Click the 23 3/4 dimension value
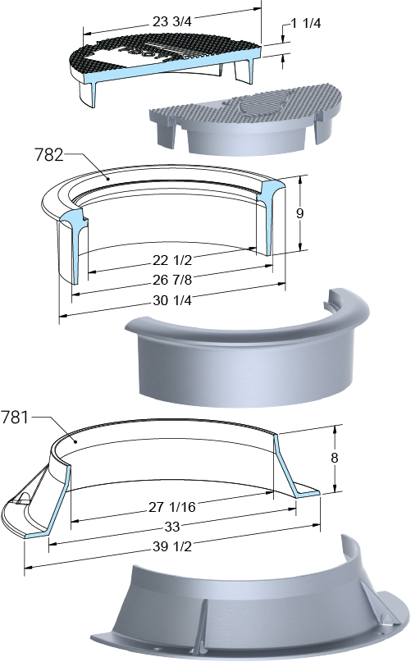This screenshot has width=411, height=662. (x=172, y=21)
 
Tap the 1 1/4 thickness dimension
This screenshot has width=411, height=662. (x=305, y=23)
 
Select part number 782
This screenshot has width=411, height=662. (x=49, y=155)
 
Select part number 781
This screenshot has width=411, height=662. (x=15, y=418)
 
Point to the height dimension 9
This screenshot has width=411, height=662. (x=299, y=213)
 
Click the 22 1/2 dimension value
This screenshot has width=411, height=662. (x=172, y=260)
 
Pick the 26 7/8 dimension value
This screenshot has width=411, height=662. (x=172, y=280)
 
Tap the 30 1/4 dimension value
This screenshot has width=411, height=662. (x=172, y=300)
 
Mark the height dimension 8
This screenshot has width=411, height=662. (x=335, y=458)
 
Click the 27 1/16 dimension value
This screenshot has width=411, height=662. (x=172, y=507)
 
